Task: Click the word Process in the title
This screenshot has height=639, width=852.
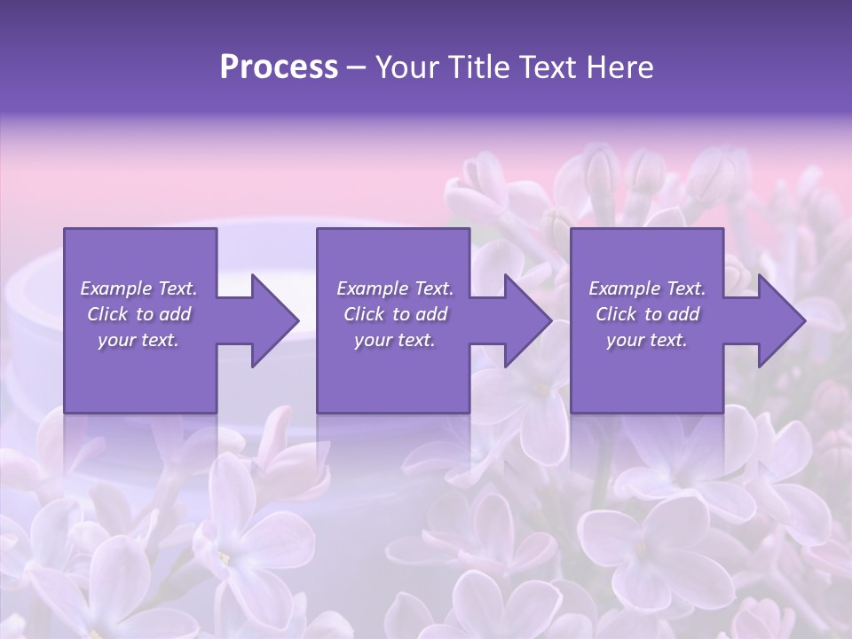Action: tap(279, 67)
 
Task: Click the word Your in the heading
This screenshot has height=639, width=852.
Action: tap(408, 67)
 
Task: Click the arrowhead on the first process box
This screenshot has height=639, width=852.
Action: tap(271, 320)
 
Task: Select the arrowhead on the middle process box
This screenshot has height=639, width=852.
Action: tap(525, 320)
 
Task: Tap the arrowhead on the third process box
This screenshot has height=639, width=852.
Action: tap(778, 320)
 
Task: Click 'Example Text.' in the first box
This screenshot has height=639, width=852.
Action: tap(138, 288)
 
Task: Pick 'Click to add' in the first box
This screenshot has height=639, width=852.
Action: tap(138, 314)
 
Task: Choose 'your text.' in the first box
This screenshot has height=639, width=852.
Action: tap(138, 340)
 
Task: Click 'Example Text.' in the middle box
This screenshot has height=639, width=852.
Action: tap(394, 288)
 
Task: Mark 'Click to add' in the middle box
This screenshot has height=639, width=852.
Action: tap(394, 314)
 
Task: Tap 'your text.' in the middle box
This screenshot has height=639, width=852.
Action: tap(394, 340)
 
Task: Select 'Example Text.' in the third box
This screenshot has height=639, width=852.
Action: tap(647, 288)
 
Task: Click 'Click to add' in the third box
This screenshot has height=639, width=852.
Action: tap(647, 314)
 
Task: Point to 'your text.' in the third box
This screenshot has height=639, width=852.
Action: tap(647, 340)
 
